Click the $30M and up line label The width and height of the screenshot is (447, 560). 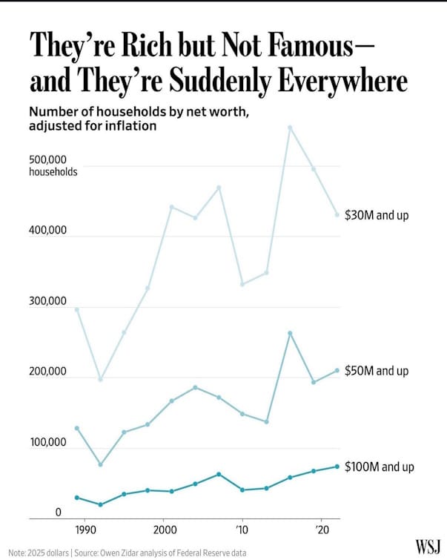pyautogui.click(x=377, y=216)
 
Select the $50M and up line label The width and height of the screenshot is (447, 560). pyautogui.click(x=377, y=370)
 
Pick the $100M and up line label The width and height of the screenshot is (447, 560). pyautogui.click(x=380, y=467)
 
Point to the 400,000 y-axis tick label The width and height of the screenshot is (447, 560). pyautogui.click(x=48, y=231)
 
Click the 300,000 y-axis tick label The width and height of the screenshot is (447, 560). pyautogui.click(x=48, y=302)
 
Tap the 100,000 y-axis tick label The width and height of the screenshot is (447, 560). pyautogui.click(x=48, y=443)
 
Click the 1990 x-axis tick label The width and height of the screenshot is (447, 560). pyautogui.click(x=85, y=530)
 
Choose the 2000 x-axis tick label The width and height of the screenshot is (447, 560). pyautogui.click(x=163, y=530)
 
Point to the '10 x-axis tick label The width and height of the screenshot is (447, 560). pyautogui.click(x=242, y=530)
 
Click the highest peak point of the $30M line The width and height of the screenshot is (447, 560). pyautogui.click(x=290, y=128)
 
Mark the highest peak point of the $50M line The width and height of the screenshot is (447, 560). pyautogui.click(x=290, y=333)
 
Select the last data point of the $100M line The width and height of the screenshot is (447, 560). pyautogui.click(x=337, y=467)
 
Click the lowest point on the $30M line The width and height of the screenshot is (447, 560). pyautogui.click(x=100, y=379)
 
